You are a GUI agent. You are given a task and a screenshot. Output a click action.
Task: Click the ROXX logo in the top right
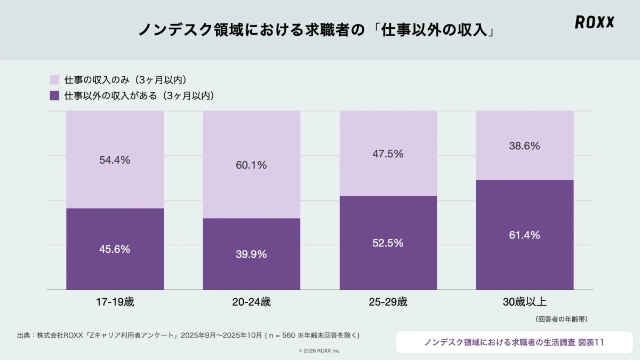(x=594, y=22)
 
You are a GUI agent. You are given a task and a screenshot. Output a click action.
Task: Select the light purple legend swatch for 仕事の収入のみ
(x=54, y=80)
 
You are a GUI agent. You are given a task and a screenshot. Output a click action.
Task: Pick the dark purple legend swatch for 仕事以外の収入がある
(x=54, y=96)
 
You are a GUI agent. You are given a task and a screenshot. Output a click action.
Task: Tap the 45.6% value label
(x=115, y=249)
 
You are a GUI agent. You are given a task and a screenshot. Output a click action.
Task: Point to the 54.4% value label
(x=115, y=159)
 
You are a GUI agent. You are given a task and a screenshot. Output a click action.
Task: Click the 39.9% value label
(x=251, y=254)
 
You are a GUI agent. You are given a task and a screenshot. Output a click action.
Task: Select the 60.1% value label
(x=251, y=165)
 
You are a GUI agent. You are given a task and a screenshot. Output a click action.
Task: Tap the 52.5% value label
(x=388, y=243)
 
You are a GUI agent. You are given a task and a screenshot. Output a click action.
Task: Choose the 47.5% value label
(x=388, y=154)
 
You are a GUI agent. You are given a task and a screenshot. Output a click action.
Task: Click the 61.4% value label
(x=525, y=235)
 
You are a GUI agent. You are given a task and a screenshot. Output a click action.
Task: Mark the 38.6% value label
(x=525, y=146)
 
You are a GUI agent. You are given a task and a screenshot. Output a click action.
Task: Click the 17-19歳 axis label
(x=115, y=302)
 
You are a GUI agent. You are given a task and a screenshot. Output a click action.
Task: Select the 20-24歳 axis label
(x=251, y=302)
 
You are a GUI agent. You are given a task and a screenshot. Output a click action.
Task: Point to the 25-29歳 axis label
(x=388, y=302)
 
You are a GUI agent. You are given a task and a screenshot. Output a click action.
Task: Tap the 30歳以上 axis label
(x=525, y=302)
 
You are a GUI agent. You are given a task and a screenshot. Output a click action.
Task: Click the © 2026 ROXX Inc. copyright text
(x=319, y=350)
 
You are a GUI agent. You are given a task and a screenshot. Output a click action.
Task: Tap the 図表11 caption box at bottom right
(x=514, y=342)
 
